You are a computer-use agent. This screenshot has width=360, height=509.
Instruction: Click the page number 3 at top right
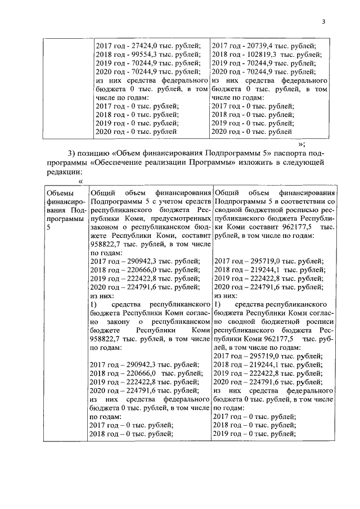323,22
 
